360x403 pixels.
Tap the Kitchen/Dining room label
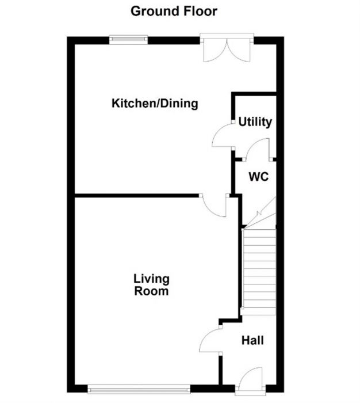[155, 104]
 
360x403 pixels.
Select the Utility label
[255, 122]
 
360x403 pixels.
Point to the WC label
[259, 177]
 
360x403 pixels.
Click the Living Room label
[151, 285]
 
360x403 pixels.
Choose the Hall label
[252, 341]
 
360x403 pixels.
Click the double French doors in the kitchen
[226, 49]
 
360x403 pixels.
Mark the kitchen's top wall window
[129, 39]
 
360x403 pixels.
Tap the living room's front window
[138, 387]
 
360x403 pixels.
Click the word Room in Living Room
[151, 291]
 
